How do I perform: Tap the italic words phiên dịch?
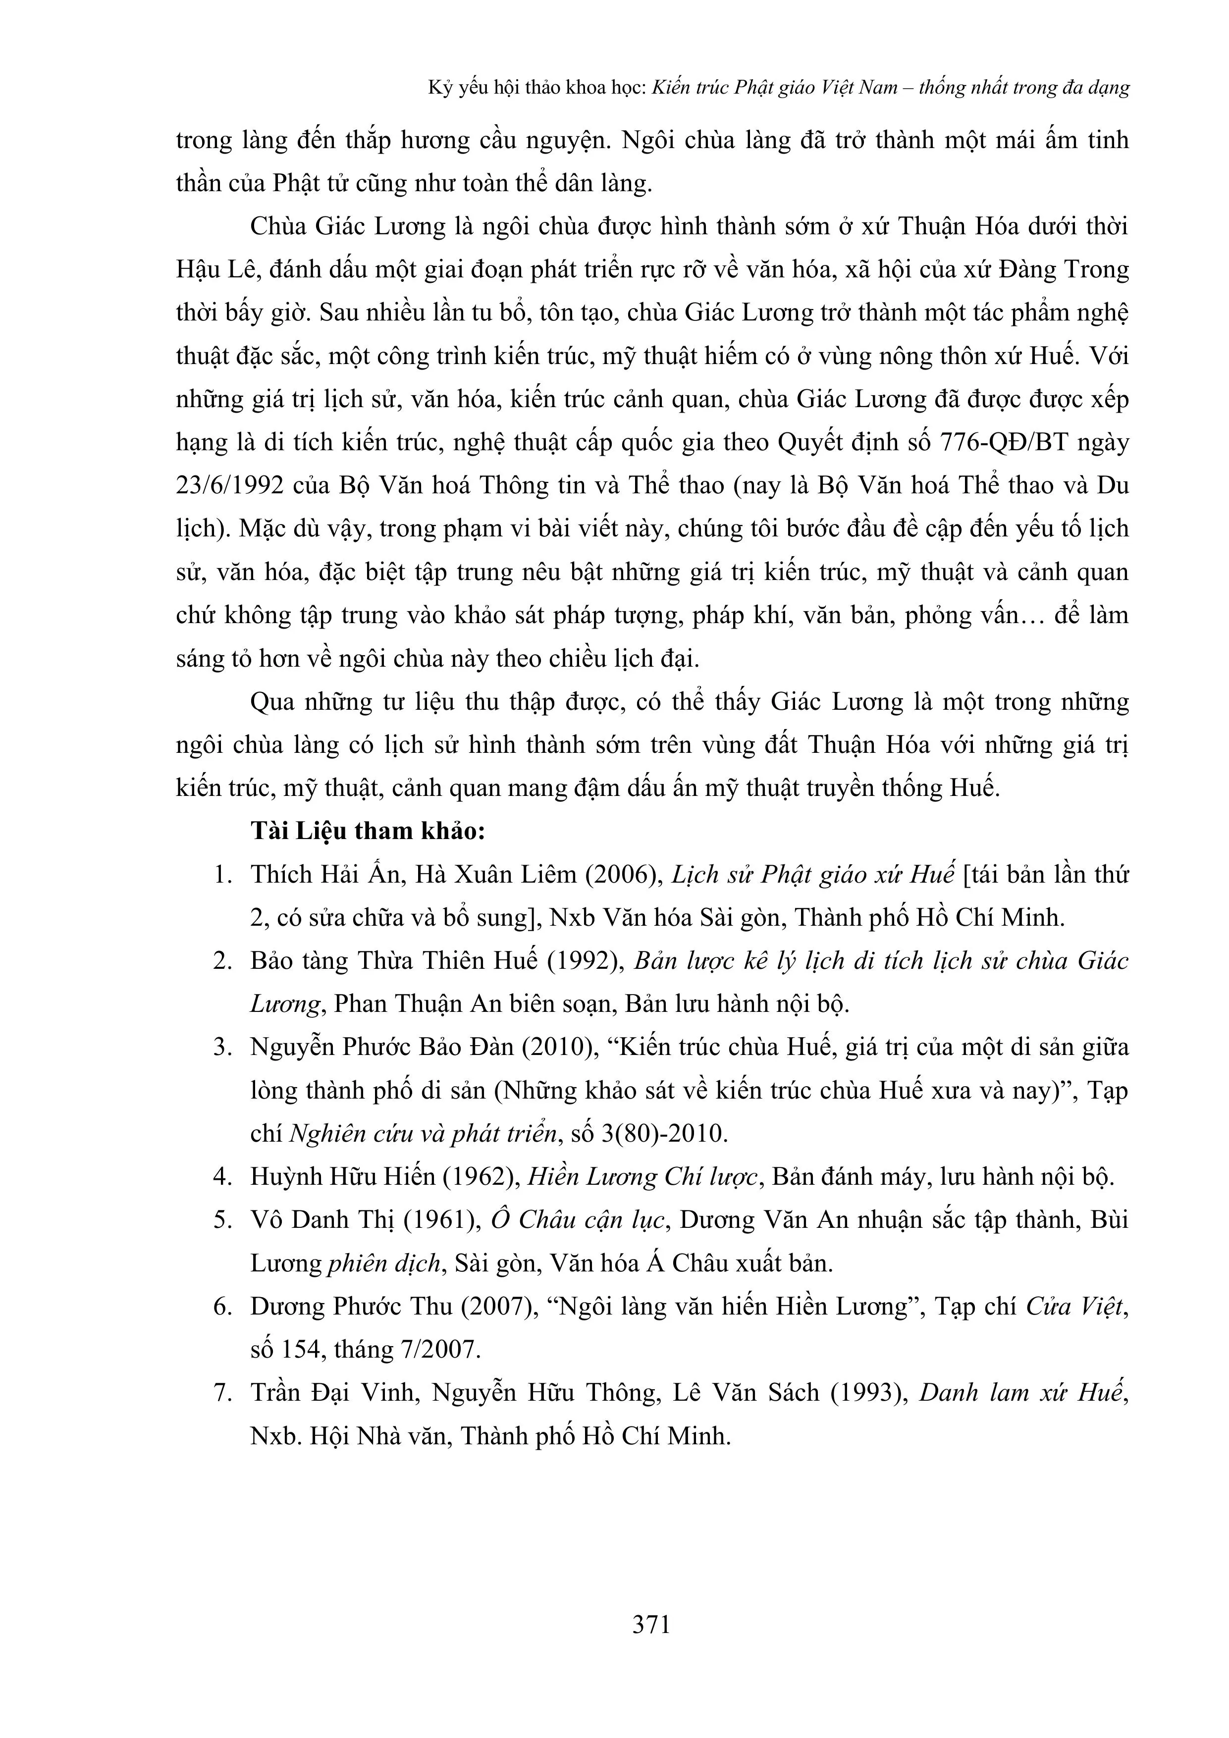point(385,1264)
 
